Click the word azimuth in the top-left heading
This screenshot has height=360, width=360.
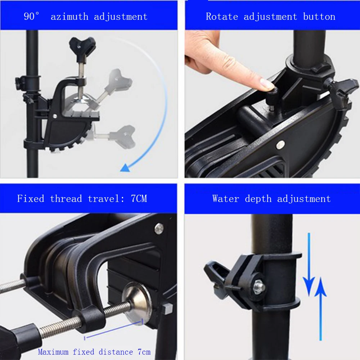[x=69, y=17]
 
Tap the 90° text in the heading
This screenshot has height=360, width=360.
[x=31, y=16]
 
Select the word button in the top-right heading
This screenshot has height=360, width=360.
[x=319, y=17]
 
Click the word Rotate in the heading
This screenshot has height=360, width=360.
[x=222, y=17]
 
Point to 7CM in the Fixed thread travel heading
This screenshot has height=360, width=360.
[x=139, y=199]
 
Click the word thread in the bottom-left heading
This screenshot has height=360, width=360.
[x=66, y=199]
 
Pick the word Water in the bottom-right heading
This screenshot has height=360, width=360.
[x=226, y=199]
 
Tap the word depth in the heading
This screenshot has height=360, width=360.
[x=258, y=199]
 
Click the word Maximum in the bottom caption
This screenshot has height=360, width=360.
[x=53, y=352]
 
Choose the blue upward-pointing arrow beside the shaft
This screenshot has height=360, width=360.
[x=320, y=309]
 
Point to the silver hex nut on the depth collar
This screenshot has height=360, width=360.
[x=259, y=287]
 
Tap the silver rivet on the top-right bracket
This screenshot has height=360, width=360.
[x=280, y=144]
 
